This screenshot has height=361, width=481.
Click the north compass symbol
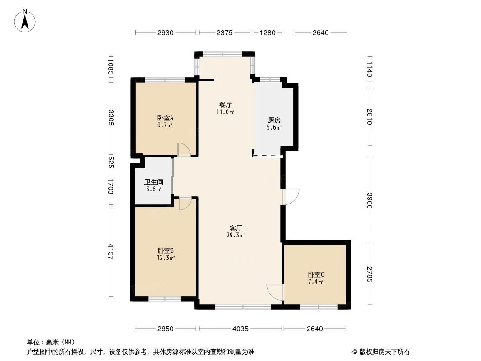[x=26, y=20]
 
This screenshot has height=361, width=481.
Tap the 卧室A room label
[x=163, y=118]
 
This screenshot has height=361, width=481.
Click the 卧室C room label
[x=316, y=274]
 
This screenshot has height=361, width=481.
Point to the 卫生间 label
[x=153, y=182]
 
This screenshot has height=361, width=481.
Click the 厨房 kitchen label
[x=274, y=120]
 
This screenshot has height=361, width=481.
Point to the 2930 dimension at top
[x=166, y=32]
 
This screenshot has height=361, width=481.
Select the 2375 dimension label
[x=224, y=32]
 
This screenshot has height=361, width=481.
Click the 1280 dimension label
[x=267, y=32]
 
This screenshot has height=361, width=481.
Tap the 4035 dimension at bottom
[x=240, y=329]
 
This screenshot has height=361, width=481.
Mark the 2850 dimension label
[x=166, y=329]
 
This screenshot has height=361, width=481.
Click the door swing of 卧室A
[x=184, y=150]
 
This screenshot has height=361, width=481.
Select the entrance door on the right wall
[x=290, y=197]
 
